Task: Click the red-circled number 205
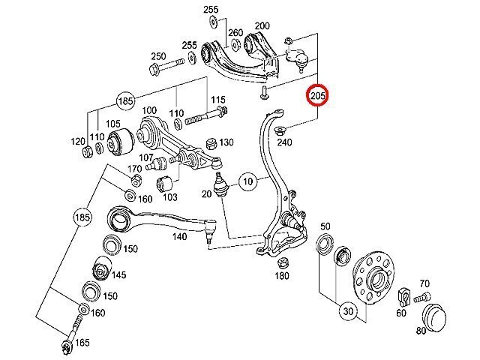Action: click(316, 97)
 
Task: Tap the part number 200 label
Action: click(262, 25)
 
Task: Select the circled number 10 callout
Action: click(249, 180)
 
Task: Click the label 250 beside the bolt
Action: click(157, 57)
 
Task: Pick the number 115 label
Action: click(218, 100)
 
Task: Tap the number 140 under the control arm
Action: click(179, 236)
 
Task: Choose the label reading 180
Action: click(282, 276)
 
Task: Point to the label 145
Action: click(118, 275)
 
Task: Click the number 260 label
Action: click(235, 33)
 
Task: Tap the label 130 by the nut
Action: click(226, 142)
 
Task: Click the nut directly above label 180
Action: click(282, 263)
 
